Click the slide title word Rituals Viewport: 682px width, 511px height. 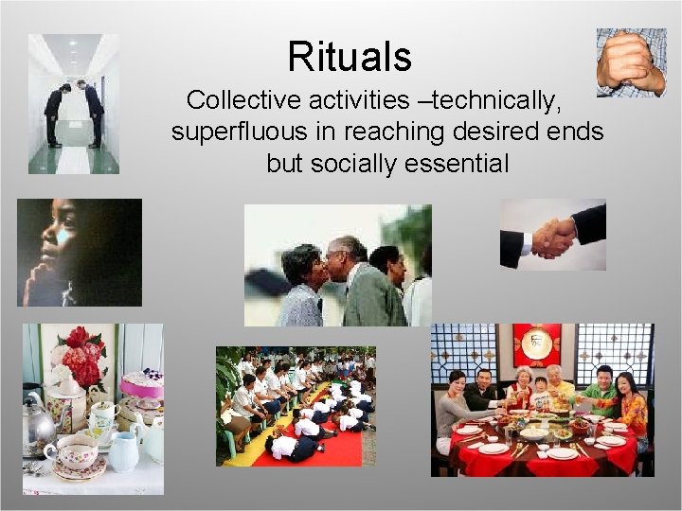tap(350, 57)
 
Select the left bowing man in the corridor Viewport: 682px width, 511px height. tap(57, 112)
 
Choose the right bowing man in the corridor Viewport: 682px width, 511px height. tap(92, 112)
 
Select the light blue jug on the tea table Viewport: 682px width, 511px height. tap(123, 453)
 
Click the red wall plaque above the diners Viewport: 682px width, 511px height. tap(537, 344)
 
